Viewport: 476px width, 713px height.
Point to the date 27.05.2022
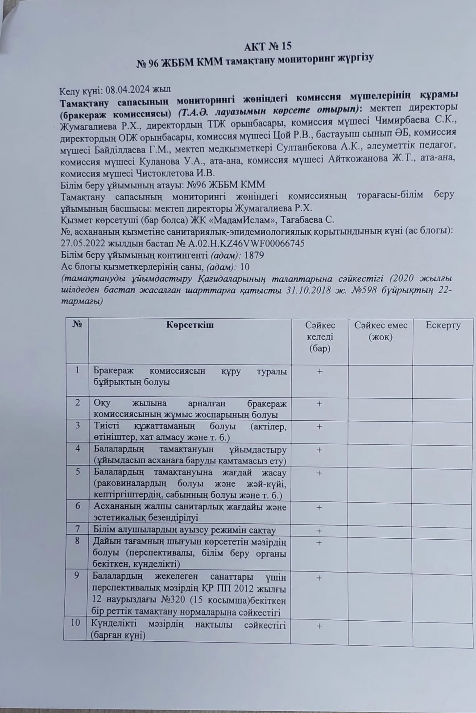pyautogui.click(x=80, y=243)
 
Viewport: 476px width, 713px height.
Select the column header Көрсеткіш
pyautogui.click(x=190, y=324)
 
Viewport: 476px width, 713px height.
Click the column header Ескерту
pyautogui.click(x=443, y=325)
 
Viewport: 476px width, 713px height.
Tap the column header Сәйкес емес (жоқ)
pyautogui.click(x=381, y=331)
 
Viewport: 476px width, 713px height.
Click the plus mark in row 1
pyautogui.click(x=319, y=371)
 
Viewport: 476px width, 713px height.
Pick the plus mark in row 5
pyautogui.click(x=319, y=473)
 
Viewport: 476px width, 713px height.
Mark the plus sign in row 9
pyautogui.click(x=319, y=578)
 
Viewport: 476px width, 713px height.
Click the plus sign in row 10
pyautogui.click(x=319, y=626)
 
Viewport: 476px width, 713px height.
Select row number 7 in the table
pyautogui.click(x=78, y=529)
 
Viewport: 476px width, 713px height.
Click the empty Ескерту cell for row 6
pyautogui.click(x=443, y=512)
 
